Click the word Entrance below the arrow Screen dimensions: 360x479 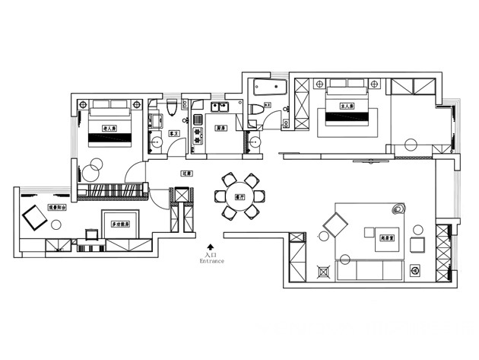tap(212, 261)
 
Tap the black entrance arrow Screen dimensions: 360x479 tap(211, 247)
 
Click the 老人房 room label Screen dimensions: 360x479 tap(109, 129)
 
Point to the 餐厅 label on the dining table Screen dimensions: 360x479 tap(239, 196)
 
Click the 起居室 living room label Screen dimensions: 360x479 tap(390, 238)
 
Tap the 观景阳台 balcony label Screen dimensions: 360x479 tap(59, 206)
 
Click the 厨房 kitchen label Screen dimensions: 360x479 tap(220, 128)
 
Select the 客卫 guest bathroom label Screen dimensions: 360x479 tap(173, 133)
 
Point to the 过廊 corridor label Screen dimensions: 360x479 tap(186, 174)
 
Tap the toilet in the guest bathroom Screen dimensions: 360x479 tap(172, 109)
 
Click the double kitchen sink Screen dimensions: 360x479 tap(220, 106)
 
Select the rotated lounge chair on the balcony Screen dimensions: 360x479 tap(35, 218)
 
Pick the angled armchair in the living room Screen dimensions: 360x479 tap(335, 225)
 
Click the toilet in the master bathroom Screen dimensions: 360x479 tap(255, 110)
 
